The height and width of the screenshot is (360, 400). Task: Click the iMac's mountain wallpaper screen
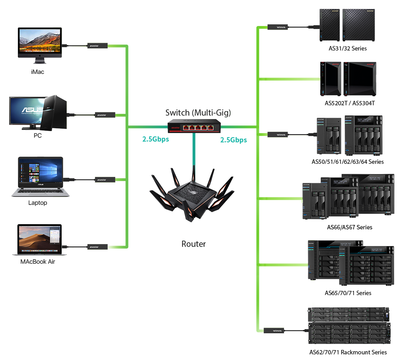[40, 41]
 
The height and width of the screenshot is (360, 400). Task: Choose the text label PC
[38, 136]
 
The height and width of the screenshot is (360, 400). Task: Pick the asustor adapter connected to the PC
[102, 115]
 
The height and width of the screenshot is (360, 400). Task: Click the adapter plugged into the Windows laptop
[102, 179]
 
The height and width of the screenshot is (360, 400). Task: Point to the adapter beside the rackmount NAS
[278, 330]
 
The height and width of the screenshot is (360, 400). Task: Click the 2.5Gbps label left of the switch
[155, 137]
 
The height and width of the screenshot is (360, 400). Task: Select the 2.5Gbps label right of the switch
[234, 137]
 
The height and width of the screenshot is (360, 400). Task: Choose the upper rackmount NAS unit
[348, 314]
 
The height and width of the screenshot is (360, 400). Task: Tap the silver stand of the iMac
[39, 60]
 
